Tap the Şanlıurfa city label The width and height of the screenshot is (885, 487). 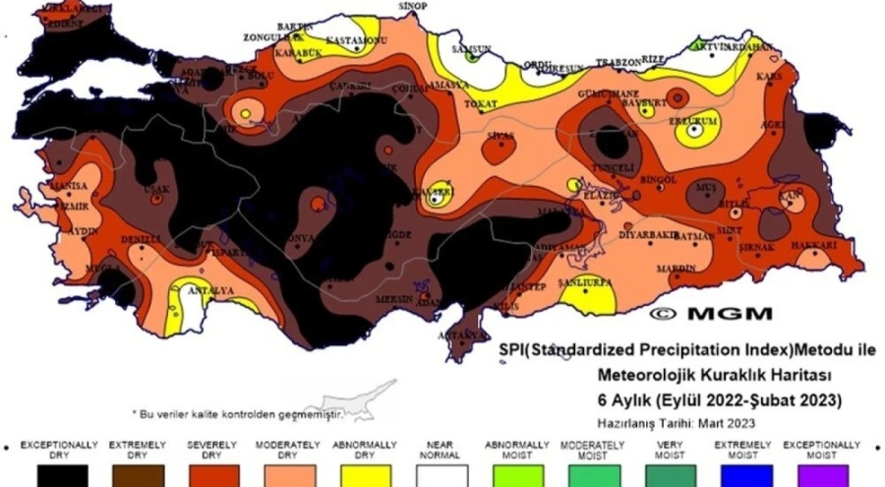point(585,281)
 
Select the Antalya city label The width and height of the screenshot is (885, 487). point(211,291)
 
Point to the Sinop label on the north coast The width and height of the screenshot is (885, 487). point(411,6)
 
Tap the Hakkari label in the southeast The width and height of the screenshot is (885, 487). point(816,244)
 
